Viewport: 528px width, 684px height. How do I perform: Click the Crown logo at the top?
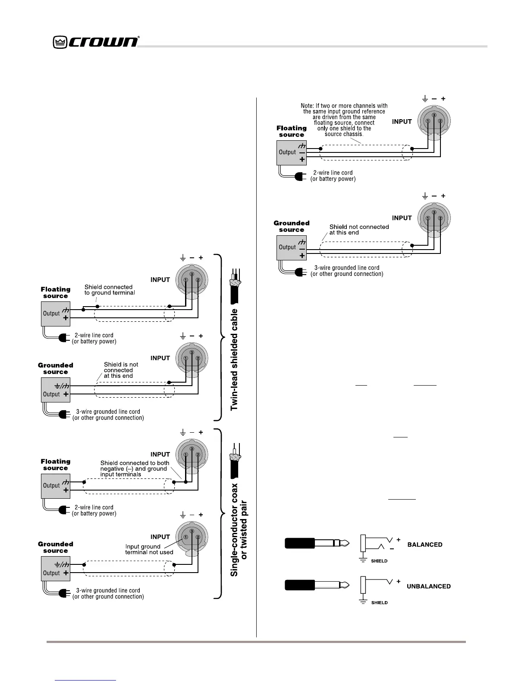[x=96, y=42]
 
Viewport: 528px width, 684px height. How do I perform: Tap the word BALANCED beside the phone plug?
[x=424, y=545]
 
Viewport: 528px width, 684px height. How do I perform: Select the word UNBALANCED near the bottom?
[x=428, y=586]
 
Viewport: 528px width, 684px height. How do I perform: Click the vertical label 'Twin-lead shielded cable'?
[x=234, y=359]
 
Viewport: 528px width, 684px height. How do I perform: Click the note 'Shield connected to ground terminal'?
[x=110, y=290]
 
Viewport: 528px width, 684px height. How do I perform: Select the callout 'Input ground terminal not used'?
[x=149, y=549]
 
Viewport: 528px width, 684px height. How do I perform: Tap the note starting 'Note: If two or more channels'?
[x=344, y=120]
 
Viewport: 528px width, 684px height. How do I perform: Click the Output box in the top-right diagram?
[x=291, y=152]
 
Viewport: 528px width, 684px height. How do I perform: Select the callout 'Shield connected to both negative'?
[x=135, y=469]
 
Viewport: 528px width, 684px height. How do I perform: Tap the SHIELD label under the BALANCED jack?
[x=379, y=561]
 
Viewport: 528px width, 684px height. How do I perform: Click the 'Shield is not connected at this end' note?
[x=121, y=370]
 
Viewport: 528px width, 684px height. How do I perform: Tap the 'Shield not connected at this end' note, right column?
[x=359, y=229]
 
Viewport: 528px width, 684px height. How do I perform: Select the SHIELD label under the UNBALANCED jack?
[x=379, y=602]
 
